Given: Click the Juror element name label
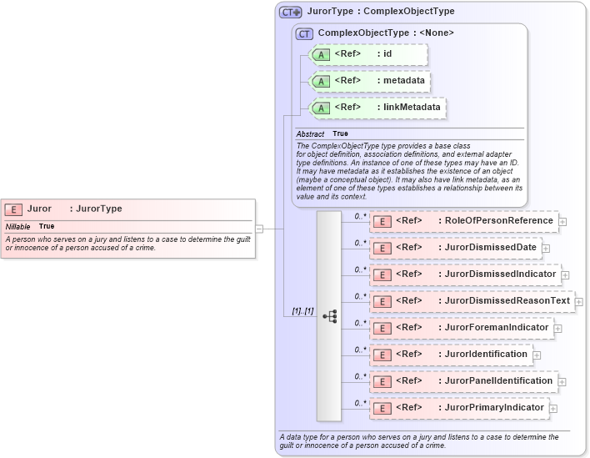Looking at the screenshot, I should [39, 209].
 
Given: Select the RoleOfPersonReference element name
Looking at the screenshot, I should [498, 220].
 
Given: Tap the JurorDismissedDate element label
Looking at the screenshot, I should [492, 247].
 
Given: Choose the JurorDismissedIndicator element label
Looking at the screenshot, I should [500, 274].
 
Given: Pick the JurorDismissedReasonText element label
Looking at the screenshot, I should [507, 300].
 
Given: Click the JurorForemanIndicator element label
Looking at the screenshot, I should [497, 327].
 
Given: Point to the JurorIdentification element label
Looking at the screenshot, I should [486, 354].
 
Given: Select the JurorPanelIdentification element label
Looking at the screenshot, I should [498, 380].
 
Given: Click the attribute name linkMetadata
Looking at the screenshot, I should [412, 107].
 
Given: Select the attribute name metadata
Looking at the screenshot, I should [403, 80].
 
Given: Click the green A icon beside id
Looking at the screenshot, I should [321, 54].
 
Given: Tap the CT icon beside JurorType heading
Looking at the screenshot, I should [290, 12].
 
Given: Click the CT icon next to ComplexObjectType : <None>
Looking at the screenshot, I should [304, 33].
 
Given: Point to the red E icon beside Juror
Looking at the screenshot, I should [13, 209].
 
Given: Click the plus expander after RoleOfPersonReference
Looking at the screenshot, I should [563, 221].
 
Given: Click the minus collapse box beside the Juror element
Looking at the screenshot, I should [260, 228].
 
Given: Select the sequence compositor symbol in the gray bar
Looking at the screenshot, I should [329, 316].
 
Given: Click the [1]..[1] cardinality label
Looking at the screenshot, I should [302, 311].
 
